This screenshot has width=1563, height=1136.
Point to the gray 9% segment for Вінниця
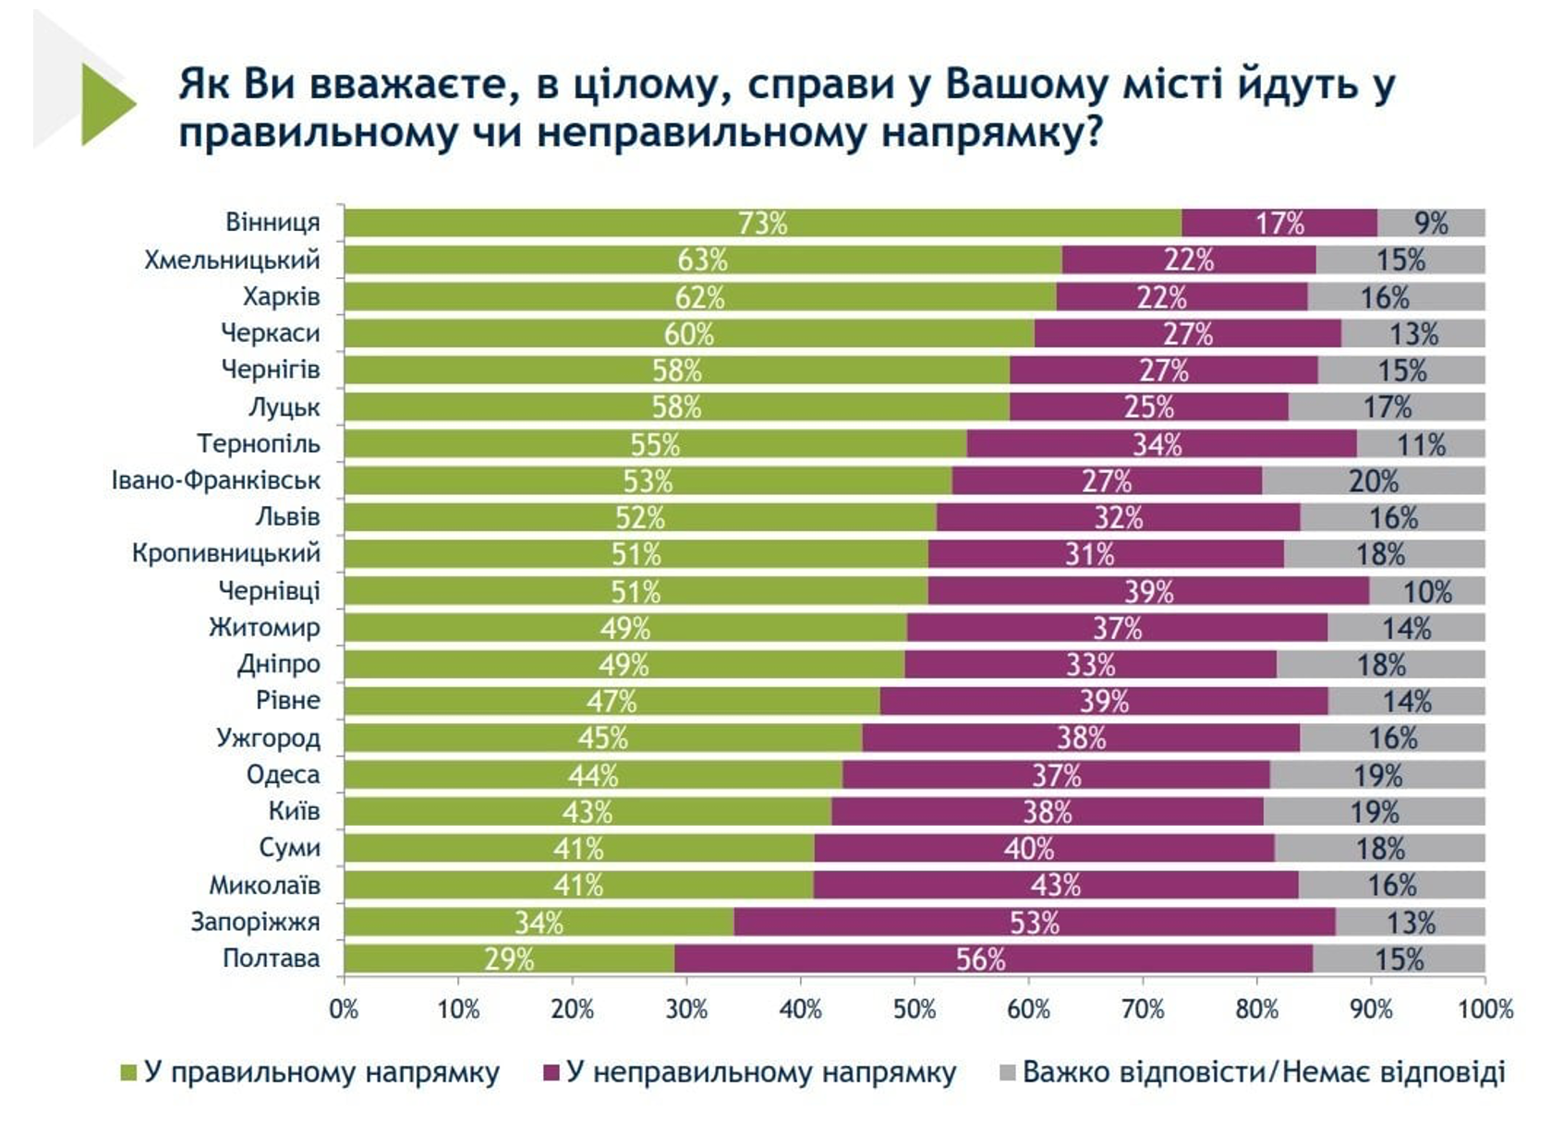tap(1431, 223)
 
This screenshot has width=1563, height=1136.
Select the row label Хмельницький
tap(232, 260)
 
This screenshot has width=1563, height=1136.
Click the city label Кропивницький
tap(225, 553)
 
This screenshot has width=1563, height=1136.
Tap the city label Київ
tap(294, 811)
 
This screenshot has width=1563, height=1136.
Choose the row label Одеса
tap(283, 774)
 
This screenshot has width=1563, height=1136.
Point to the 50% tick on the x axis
tap(915, 1009)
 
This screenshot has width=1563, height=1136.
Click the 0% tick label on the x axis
tap(344, 1009)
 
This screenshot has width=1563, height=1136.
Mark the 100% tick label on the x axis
tap(1484, 1009)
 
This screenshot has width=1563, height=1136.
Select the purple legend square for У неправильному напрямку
tap(551, 1073)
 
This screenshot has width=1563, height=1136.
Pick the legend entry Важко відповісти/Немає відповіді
tap(1263, 1072)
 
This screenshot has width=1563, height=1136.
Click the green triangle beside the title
tap(106, 103)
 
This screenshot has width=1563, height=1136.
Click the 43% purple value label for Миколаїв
tap(1055, 885)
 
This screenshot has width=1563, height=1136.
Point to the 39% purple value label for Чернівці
tap(1148, 591)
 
